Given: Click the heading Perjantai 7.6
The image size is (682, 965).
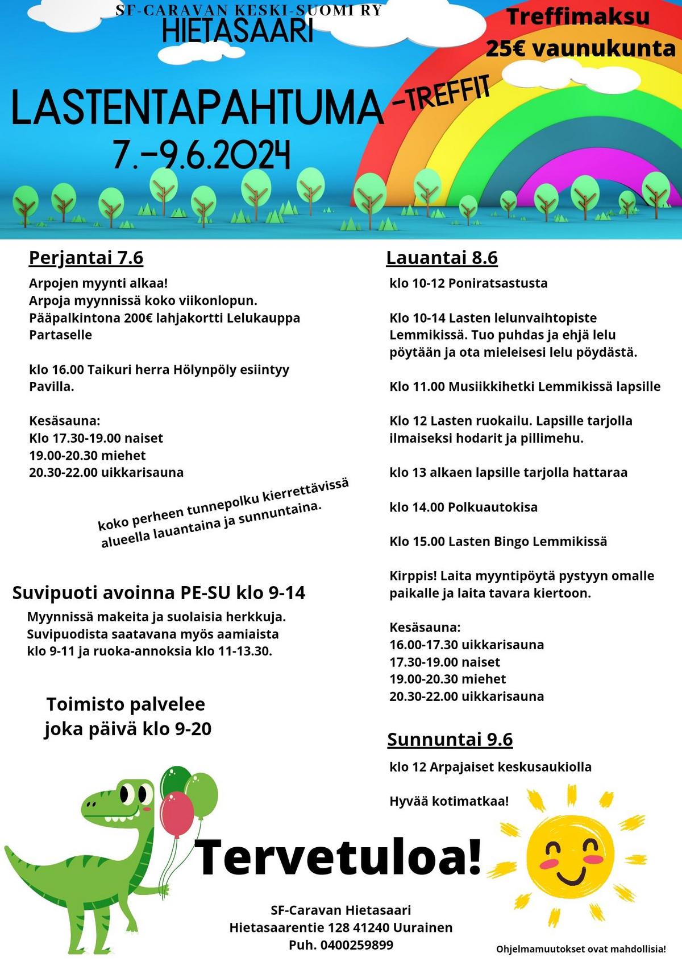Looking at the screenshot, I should (86, 258).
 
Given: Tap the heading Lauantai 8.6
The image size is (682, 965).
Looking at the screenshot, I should (442, 258).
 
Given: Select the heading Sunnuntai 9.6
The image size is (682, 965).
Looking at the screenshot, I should (450, 739).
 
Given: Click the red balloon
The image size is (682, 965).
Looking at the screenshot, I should (177, 814).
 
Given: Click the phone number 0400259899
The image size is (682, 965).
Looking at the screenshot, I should (357, 945).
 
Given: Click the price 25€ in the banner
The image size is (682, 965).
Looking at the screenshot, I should (507, 49).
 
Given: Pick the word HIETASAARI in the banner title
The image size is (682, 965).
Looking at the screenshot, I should (238, 31).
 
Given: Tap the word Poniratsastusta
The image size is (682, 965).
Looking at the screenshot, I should (498, 283).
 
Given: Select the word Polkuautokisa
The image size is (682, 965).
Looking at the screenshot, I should (493, 507).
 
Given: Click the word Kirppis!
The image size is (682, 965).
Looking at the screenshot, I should (413, 576).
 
